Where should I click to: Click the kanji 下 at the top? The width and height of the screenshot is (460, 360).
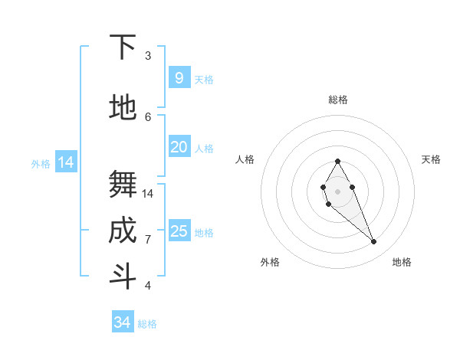(123, 47)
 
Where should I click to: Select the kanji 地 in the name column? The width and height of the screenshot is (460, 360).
(123, 107)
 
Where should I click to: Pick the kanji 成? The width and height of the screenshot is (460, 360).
(123, 231)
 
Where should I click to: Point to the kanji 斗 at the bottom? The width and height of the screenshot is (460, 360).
(123, 277)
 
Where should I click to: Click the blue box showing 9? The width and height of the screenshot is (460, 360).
(179, 78)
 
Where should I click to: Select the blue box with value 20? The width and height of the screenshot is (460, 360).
(179, 147)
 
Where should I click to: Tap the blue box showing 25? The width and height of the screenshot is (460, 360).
(179, 231)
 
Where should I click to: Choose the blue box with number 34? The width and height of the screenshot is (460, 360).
(122, 322)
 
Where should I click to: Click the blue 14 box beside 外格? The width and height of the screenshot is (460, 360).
(66, 162)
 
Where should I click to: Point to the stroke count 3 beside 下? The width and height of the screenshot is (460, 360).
(148, 56)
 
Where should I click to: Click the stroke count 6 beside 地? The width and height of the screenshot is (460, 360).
(148, 116)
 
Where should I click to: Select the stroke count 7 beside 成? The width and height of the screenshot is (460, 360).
(148, 240)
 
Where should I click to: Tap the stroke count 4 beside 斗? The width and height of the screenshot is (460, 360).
(148, 286)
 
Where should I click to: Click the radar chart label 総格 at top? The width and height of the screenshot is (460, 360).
(337, 100)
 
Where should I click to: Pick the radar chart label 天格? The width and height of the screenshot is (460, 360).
(431, 159)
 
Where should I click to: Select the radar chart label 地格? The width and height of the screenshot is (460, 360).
(402, 263)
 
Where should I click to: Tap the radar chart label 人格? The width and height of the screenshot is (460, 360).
(245, 159)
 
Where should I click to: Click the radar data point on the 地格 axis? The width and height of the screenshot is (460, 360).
(373, 242)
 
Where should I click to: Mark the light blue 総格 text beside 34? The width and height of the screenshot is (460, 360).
(147, 324)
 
